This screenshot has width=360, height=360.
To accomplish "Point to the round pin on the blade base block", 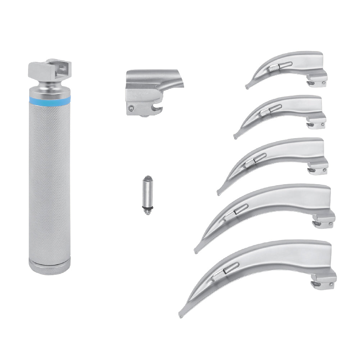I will coord(133,107).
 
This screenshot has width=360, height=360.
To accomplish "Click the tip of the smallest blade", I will coord(247,87).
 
